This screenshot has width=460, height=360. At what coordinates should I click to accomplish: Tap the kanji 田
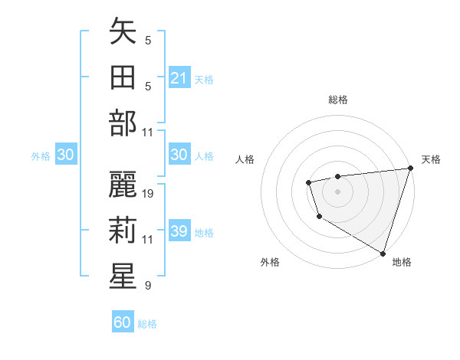pos(123,77)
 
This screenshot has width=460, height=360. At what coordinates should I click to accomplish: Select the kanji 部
pos(123,123)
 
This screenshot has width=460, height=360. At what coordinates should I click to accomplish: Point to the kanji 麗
pos(123,185)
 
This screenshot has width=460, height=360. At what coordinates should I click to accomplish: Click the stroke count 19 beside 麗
pos(149,194)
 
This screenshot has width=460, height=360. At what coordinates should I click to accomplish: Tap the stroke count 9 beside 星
pos(147,286)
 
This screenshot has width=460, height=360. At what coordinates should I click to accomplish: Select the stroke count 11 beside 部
pos(149,132)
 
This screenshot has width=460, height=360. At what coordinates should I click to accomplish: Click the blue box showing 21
pos(179,78)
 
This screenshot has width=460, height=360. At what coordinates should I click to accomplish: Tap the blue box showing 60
pos(123,322)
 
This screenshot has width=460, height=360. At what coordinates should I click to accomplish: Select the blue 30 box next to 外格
pos(66,155)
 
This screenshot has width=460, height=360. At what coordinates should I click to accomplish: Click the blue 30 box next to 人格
pos(179,155)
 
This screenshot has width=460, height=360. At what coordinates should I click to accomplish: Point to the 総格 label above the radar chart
pos(338,100)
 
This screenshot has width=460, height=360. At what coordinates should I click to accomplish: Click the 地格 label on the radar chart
pos(402,262)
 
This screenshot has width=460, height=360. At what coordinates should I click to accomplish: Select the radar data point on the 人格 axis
pos(308,182)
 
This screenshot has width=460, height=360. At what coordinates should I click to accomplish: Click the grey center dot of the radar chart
pos(337,191)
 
